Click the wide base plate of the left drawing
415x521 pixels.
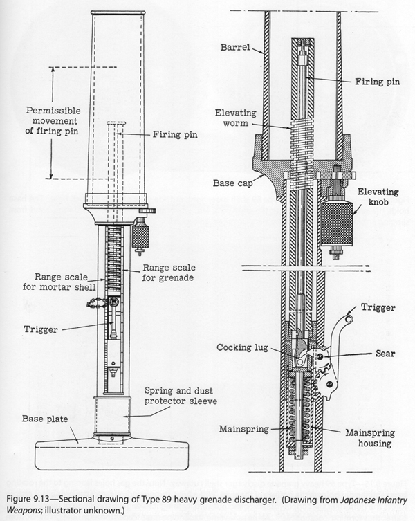[x=111, y=454]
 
